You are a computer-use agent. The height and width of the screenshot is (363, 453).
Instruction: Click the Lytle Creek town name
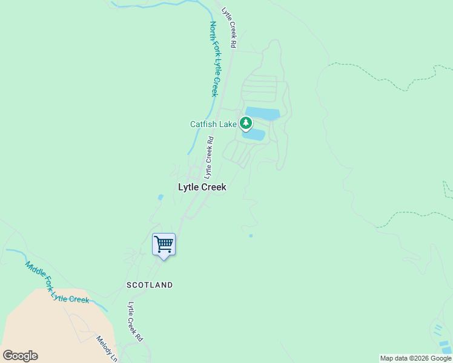(x=202, y=188)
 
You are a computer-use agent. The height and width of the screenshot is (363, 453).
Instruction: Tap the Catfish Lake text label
(x=213, y=125)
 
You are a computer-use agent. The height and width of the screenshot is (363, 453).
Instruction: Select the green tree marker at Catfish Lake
(x=245, y=123)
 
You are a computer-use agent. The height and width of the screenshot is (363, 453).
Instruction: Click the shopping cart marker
(x=164, y=245)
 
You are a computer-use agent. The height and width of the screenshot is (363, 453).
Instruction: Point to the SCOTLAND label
(x=150, y=284)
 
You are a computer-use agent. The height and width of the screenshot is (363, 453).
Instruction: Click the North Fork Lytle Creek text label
(x=213, y=59)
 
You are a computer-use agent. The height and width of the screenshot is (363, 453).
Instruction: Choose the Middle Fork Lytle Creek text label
(x=57, y=283)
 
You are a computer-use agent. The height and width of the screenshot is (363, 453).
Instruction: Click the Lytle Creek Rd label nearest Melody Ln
(x=134, y=321)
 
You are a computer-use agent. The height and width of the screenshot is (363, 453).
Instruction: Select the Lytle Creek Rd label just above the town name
(x=209, y=157)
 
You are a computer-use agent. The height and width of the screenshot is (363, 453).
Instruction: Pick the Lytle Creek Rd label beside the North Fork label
(x=228, y=28)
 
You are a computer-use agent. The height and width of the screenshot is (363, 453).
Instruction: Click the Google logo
(x=21, y=356)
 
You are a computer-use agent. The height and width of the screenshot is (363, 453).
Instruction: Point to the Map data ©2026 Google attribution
(x=415, y=358)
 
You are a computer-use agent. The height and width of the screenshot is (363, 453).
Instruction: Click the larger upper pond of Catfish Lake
(x=263, y=113)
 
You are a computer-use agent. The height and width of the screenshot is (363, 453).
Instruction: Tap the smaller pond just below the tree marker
(x=254, y=135)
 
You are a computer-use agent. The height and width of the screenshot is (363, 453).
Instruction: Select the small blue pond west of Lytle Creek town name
(x=160, y=197)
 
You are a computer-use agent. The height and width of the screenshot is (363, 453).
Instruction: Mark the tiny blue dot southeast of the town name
(x=251, y=236)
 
